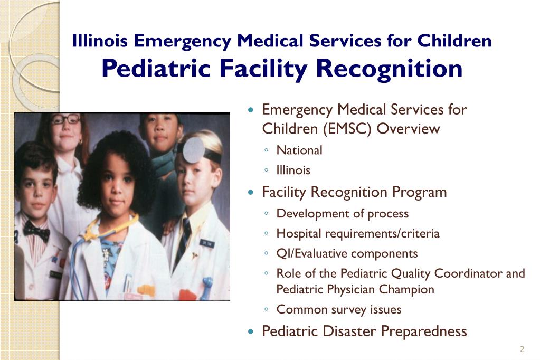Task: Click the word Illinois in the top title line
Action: (x=100, y=41)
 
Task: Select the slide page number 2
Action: (x=522, y=349)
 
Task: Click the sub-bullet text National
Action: (x=299, y=150)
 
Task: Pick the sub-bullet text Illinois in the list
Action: (x=293, y=170)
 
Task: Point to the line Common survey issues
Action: (x=338, y=310)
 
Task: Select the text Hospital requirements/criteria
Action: (x=357, y=233)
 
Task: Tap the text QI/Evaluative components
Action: (x=347, y=253)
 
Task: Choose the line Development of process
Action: (x=342, y=213)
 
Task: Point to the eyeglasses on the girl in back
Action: (x=66, y=120)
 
